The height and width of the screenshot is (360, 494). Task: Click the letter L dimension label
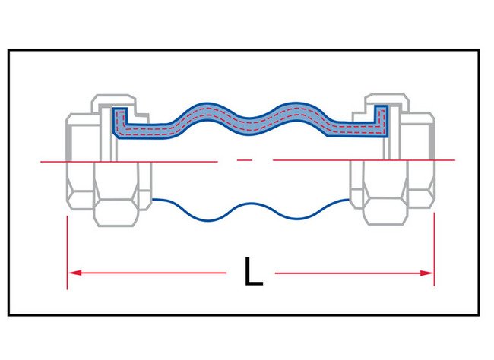[x=253, y=272]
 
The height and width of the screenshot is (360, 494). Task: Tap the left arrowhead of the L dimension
[x=72, y=272]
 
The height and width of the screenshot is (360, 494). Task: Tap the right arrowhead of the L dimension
[x=429, y=272]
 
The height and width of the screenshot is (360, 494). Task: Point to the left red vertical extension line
[x=68, y=251]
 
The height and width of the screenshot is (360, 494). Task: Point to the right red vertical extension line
[x=433, y=251]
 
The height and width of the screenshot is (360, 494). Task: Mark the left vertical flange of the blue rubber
[x=118, y=122]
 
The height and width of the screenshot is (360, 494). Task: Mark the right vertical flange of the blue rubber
[x=382, y=122]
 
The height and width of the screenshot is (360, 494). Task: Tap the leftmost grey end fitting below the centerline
[x=80, y=186]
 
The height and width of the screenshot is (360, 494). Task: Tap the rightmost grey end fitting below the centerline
[x=420, y=186]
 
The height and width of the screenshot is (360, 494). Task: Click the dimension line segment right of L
[x=350, y=272]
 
